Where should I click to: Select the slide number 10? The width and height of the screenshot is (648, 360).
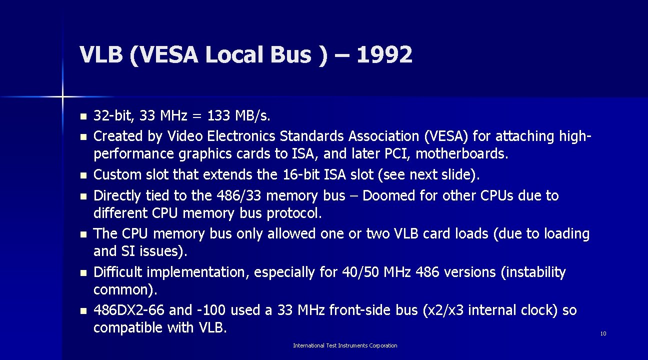[603, 333]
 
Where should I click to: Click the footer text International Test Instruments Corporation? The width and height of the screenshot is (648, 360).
[345, 345]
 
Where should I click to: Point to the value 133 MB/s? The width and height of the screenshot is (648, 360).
[238, 116]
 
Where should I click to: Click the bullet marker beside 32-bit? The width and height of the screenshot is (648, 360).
[83, 117]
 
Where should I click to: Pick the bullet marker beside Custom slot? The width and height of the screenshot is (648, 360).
[83, 175]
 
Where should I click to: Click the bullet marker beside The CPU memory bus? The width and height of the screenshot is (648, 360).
[83, 234]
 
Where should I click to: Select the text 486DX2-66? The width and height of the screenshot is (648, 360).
[129, 310]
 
